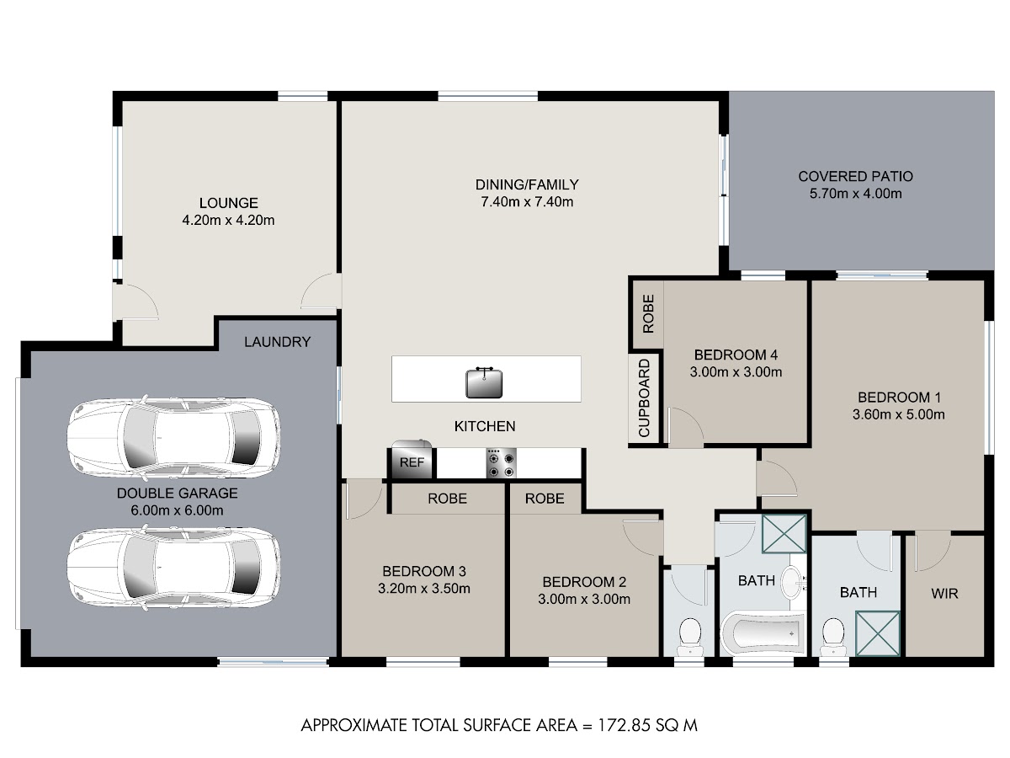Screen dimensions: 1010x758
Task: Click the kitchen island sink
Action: pos(484,382)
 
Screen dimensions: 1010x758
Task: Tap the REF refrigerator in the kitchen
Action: pos(412,459)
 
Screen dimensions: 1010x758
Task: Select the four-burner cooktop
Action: pos(501,464)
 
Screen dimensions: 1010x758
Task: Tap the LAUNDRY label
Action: pos(277,342)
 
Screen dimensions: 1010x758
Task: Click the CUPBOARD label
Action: pos(644,398)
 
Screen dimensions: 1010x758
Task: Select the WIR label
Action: pos(944,594)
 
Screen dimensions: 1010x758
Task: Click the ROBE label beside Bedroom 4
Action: pos(648,314)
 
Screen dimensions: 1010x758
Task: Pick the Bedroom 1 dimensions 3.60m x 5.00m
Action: pos(898,414)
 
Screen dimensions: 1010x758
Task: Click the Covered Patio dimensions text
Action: pos(855,194)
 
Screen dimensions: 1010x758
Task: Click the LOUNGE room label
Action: pos(228,203)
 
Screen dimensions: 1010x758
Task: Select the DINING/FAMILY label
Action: pos(527,184)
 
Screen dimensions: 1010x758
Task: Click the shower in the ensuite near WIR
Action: pos(878,633)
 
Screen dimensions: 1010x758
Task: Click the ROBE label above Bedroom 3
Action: pos(447,499)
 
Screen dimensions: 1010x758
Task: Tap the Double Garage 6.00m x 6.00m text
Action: pos(177,510)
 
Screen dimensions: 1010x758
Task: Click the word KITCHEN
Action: pos(485,427)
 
